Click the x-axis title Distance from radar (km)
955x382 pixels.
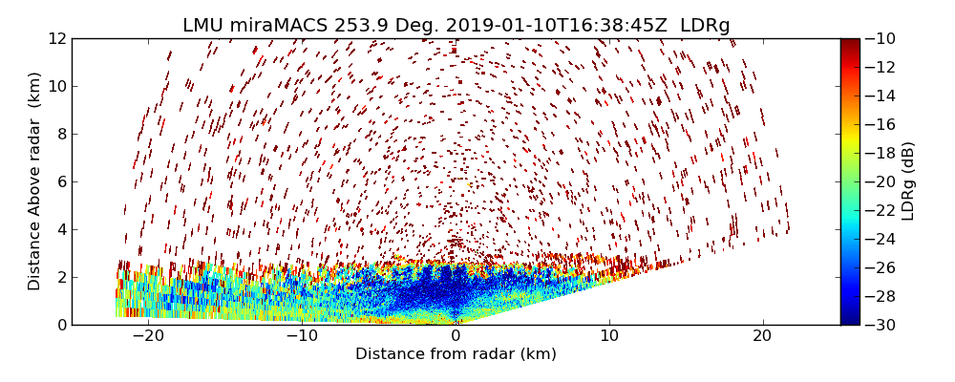(456, 354)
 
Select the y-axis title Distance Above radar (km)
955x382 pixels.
(35, 181)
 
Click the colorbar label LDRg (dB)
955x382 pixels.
(908, 181)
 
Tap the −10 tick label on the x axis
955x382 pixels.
(302, 337)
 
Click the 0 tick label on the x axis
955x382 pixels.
(456, 337)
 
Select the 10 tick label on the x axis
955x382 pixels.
(609, 337)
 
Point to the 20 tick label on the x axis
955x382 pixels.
(762, 337)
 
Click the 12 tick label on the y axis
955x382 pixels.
(56, 38)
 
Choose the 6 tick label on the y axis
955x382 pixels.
(60, 181)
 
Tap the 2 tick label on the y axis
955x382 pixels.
(60, 277)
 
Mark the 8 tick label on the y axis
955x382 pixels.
(60, 134)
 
